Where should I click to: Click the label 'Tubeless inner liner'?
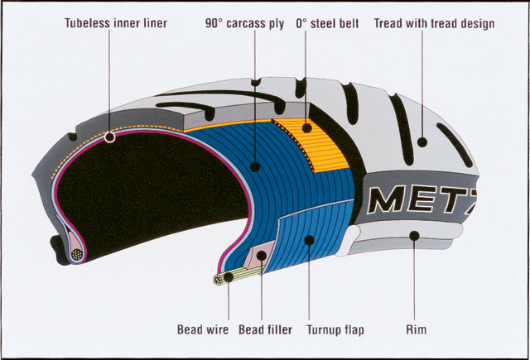(x=115, y=23)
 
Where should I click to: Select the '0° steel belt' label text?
(x=327, y=23)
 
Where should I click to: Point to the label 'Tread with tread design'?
(x=434, y=23)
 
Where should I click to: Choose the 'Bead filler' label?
(x=265, y=329)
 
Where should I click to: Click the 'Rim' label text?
(x=417, y=329)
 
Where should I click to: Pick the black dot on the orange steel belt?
(x=306, y=127)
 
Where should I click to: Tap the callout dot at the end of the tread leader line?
(x=422, y=142)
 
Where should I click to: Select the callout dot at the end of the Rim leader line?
(x=413, y=238)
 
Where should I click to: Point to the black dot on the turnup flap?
(x=309, y=240)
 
